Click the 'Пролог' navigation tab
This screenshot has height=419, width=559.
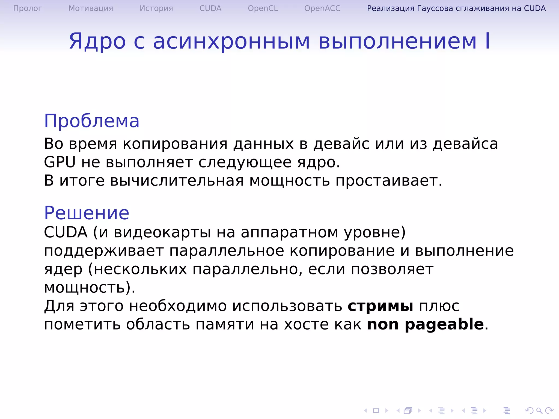click(27, 8)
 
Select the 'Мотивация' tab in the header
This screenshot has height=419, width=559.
click(91, 8)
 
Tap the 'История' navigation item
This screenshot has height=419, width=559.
click(156, 8)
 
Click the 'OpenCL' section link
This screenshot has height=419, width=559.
click(263, 8)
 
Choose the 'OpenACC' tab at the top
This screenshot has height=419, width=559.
click(322, 8)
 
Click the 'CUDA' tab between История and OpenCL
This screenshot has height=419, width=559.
click(210, 8)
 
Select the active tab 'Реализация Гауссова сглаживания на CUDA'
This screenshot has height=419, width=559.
click(456, 8)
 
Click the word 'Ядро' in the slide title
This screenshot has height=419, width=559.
click(97, 41)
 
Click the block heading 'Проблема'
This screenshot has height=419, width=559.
click(92, 121)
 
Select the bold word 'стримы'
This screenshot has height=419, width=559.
click(380, 306)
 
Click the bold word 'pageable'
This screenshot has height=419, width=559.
click(444, 325)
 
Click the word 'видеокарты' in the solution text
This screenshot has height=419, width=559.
click(162, 232)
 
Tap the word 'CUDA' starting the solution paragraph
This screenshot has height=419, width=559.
click(66, 232)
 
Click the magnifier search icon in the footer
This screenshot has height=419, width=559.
click(539, 410)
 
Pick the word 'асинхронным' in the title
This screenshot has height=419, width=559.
click(231, 41)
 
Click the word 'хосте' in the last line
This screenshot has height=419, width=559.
click(306, 325)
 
